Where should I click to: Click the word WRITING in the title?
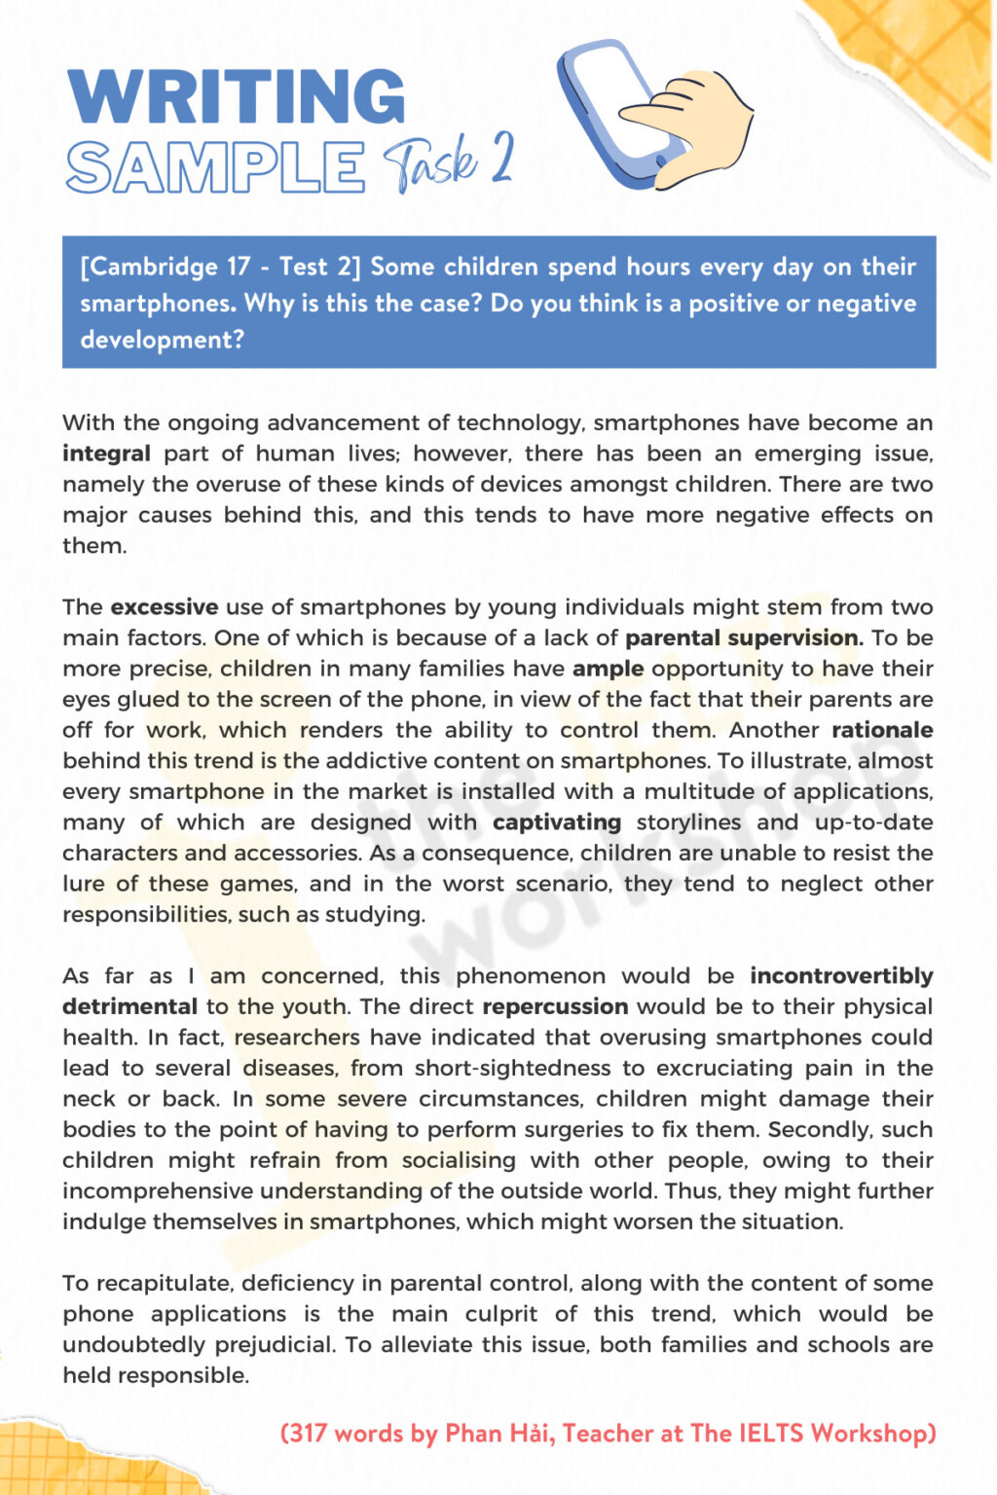[x=236, y=97]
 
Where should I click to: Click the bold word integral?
[x=106, y=454]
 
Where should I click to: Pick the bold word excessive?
[x=164, y=607]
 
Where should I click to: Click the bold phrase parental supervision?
[x=743, y=638]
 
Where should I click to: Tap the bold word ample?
[x=608, y=669]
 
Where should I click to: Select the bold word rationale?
[x=881, y=730]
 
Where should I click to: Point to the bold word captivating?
[x=556, y=822]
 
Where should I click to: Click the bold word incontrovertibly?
[x=841, y=976]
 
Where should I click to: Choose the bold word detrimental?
[x=129, y=1006]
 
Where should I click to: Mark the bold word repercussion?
[x=555, y=1006]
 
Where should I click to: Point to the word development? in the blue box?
[x=162, y=340]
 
